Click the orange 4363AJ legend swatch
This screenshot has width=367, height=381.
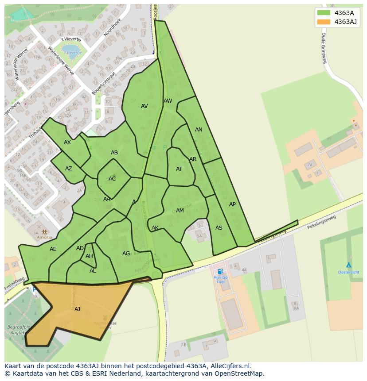click(324, 22)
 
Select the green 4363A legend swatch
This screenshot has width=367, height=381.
click(324, 13)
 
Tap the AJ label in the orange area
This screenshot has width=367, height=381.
click(77, 309)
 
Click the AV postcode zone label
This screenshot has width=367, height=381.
click(144, 106)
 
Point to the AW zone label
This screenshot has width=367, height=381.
click(168, 101)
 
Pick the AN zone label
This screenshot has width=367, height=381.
click(199, 130)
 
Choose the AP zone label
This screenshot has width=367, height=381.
click(232, 204)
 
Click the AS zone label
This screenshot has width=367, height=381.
click(219, 228)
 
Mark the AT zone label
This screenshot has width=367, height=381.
click(179, 169)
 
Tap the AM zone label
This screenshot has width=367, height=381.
click(180, 211)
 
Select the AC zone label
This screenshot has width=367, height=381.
click(112, 179)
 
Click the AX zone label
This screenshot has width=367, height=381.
click(67, 142)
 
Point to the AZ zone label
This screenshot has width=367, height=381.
click(68, 169)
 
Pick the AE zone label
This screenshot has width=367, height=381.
click(53, 249)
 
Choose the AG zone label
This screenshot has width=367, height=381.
click(126, 254)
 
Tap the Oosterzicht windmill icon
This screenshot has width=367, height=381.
click(348, 265)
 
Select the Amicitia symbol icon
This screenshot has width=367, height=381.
click(44, 231)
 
